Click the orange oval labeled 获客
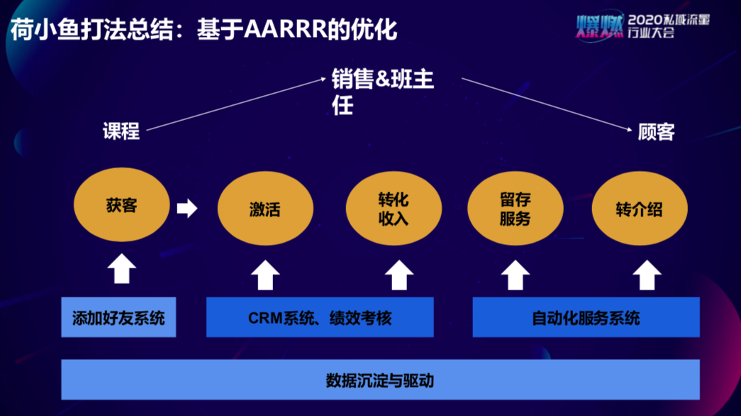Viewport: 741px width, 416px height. (121, 204)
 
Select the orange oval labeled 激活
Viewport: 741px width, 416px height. (265, 208)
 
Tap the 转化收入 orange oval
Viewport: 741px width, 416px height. (394, 208)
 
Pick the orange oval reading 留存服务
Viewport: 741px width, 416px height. (515, 208)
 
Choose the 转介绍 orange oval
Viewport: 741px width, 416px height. (640, 208)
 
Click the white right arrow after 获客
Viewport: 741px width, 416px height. (187, 208)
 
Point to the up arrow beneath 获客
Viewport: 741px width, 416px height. (122, 268)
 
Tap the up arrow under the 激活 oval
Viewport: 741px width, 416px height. (265, 275)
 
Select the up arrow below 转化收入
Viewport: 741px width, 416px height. (399, 275)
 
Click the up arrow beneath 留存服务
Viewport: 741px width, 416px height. (515, 275)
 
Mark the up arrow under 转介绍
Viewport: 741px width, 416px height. (647, 275)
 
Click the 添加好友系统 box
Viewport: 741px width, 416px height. (118, 317)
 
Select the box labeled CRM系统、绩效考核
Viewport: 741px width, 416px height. (320, 317)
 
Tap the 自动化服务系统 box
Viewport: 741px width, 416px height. (586, 317)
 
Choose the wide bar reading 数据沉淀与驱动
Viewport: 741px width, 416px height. (380, 380)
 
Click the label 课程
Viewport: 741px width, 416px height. (121, 131)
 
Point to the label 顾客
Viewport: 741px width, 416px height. (657, 131)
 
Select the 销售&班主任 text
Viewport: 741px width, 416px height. (382, 92)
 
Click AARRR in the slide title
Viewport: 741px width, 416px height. (286, 29)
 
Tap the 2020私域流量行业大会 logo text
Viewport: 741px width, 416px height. (668, 26)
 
